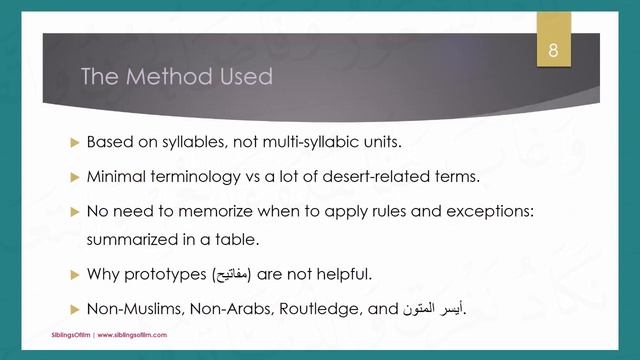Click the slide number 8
pos(553,51)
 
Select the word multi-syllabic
pos(311,141)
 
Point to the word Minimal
pos(114,177)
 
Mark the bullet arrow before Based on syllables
pos(73,141)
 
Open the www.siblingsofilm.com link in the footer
pos(130,335)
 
